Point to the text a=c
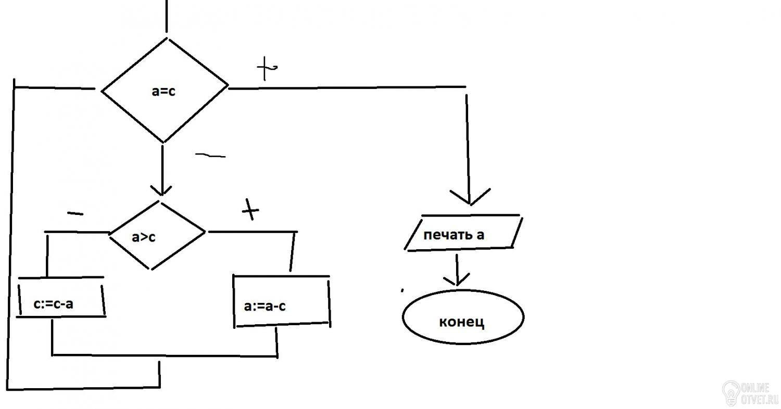[x=163, y=91]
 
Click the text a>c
[x=143, y=237]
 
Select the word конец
[x=462, y=322]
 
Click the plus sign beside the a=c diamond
[x=267, y=68]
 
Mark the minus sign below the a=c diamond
[x=210, y=156]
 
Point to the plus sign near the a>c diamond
[x=250, y=209]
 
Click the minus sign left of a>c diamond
[x=75, y=213]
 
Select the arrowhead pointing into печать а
[x=470, y=197]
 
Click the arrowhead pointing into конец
[x=457, y=280]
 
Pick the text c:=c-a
[x=53, y=304]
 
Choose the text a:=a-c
[x=264, y=306]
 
